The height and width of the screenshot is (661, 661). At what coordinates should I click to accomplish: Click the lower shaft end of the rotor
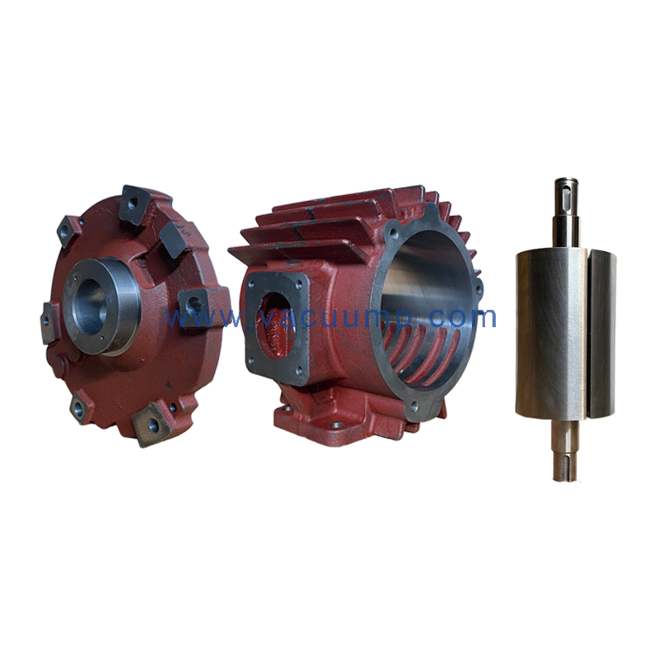click(x=566, y=448)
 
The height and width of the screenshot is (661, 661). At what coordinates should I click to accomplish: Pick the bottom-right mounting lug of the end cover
click(x=153, y=423)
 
